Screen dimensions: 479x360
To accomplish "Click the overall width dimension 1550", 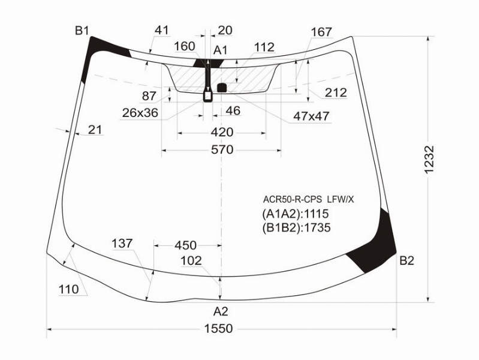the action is [218, 329].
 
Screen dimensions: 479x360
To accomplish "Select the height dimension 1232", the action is [429, 160].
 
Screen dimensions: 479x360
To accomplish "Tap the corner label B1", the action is [82, 31].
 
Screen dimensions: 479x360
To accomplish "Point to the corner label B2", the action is [406, 260].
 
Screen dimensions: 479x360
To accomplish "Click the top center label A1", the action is [220, 50].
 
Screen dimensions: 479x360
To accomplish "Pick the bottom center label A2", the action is [221, 311].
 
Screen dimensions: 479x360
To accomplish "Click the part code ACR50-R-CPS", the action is [293, 200].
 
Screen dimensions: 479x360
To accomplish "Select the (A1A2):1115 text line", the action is [295, 214].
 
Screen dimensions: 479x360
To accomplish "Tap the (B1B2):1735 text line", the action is [296, 227].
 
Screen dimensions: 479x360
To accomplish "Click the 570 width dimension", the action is [222, 149].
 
